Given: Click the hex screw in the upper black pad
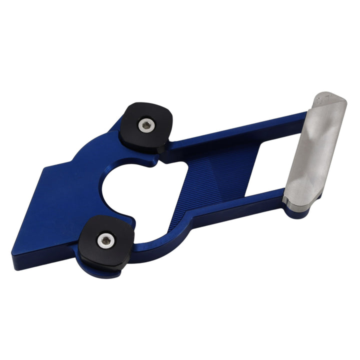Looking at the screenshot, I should click(x=145, y=126).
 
